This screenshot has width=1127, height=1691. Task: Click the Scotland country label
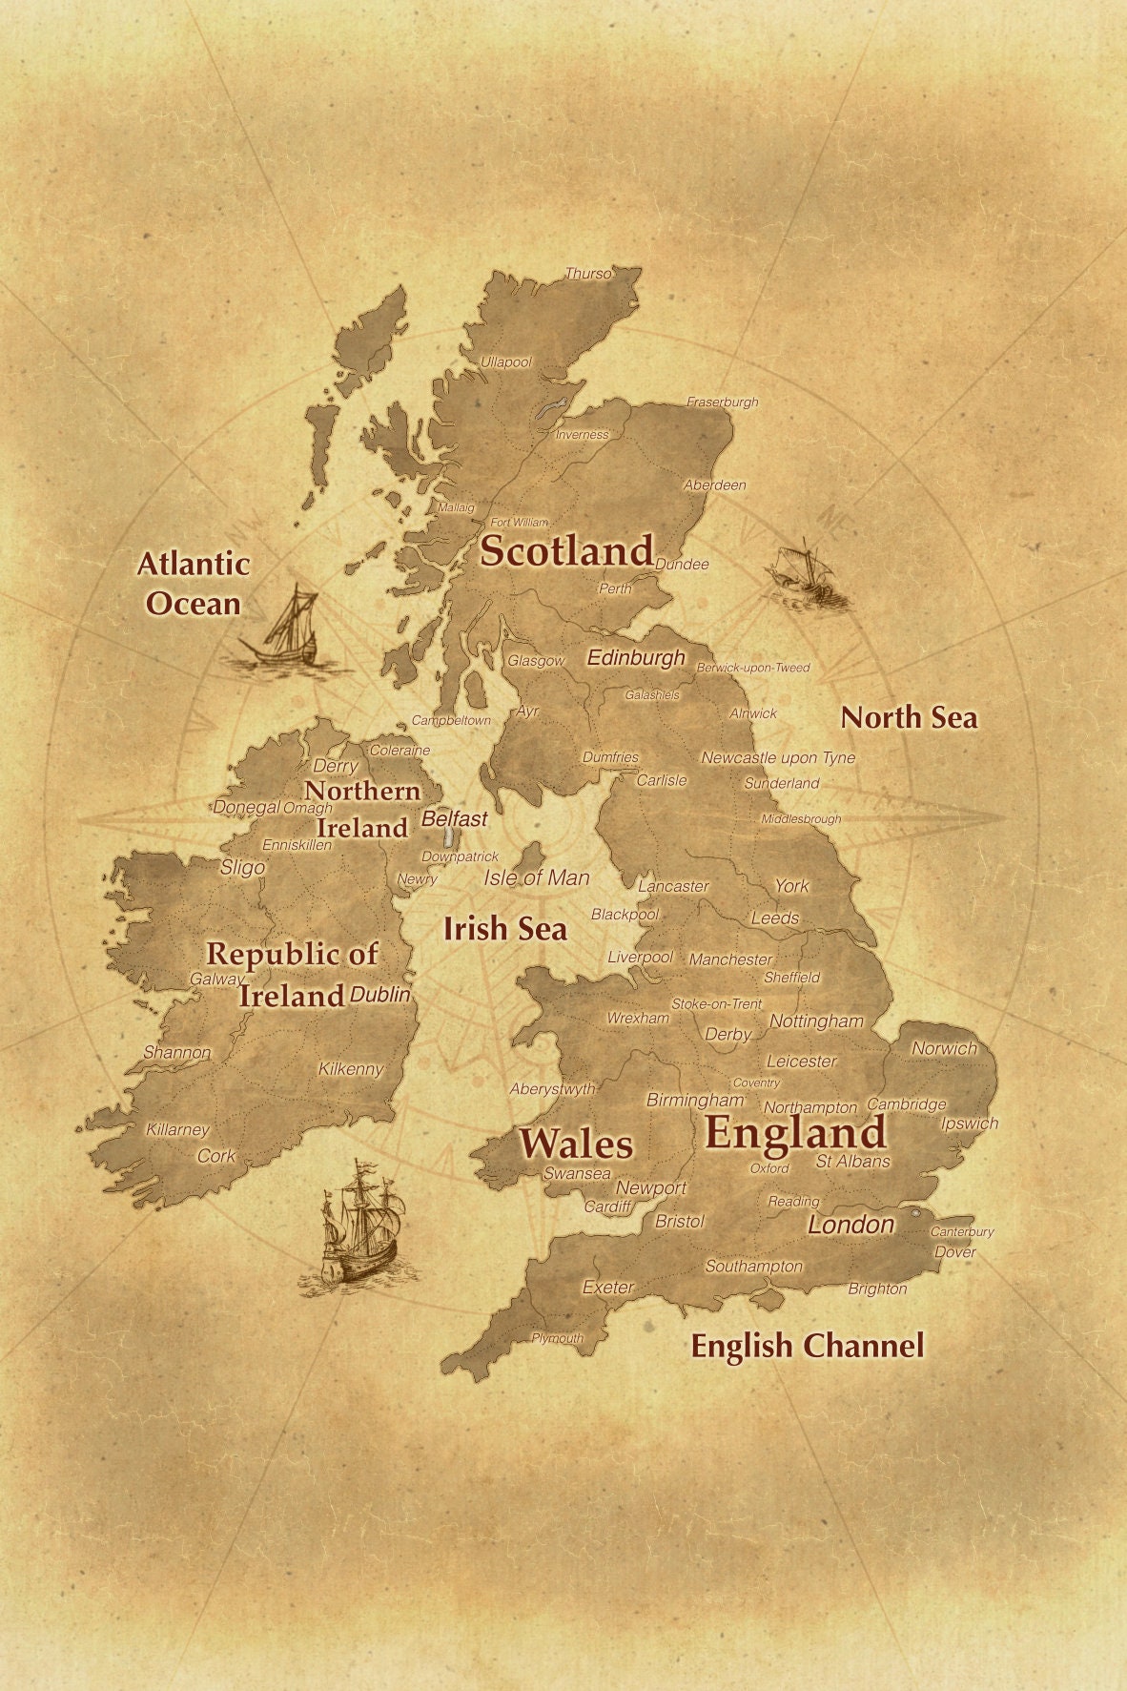[x=566, y=551]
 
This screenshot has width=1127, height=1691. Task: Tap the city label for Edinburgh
[x=636, y=658]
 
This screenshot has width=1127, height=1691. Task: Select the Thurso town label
[x=588, y=274]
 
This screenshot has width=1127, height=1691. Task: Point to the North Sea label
[x=909, y=717]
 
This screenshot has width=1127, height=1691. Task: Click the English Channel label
[x=807, y=1346]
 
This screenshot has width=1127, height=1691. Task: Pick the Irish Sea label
[x=504, y=929]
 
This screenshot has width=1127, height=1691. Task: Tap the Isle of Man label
[x=537, y=877]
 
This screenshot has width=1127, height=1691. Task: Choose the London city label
[x=850, y=1225]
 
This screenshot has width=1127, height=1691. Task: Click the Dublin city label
[x=379, y=995]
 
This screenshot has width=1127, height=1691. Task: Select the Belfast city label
[x=454, y=818]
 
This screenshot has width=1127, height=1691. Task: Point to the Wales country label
[x=576, y=1144]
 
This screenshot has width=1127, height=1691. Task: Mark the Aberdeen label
[x=715, y=485]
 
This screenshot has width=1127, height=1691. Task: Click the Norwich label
[x=944, y=1048]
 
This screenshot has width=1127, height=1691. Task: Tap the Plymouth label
[x=558, y=1338]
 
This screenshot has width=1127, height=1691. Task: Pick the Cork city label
[x=215, y=1156]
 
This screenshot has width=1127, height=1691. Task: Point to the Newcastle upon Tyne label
[x=778, y=757]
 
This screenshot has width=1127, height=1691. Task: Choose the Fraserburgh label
[x=723, y=402]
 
